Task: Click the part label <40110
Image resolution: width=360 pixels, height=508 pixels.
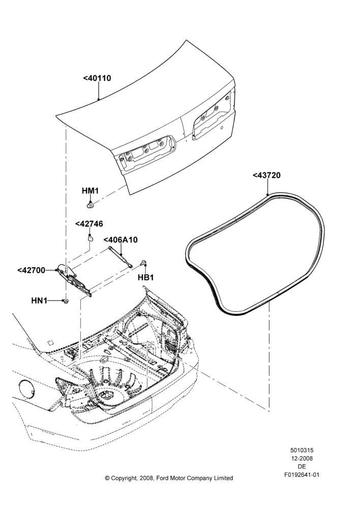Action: pyautogui.click(x=97, y=78)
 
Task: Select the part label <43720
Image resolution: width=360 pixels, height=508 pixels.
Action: pyautogui.click(x=266, y=175)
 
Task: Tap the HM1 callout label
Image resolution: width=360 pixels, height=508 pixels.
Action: pyautogui.click(x=90, y=191)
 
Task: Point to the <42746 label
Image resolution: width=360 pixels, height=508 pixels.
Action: pyautogui.click(x=89, y=224)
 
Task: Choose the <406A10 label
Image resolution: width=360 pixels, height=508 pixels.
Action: pyautogui.click(x=121, y=240)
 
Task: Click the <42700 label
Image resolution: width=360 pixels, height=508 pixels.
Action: pyautogui.click(x=31, y=270)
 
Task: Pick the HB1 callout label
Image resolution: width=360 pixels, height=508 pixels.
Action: pyautogui.click(x=145, y=278)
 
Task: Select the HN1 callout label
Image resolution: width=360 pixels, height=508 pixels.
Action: pyautogui.click(x=39, y=301)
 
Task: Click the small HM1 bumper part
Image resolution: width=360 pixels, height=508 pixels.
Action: pyautogui.click(x=90, y=205)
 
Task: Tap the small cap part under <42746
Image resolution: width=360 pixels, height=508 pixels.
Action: pyautogui.click(x=90, y=238)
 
